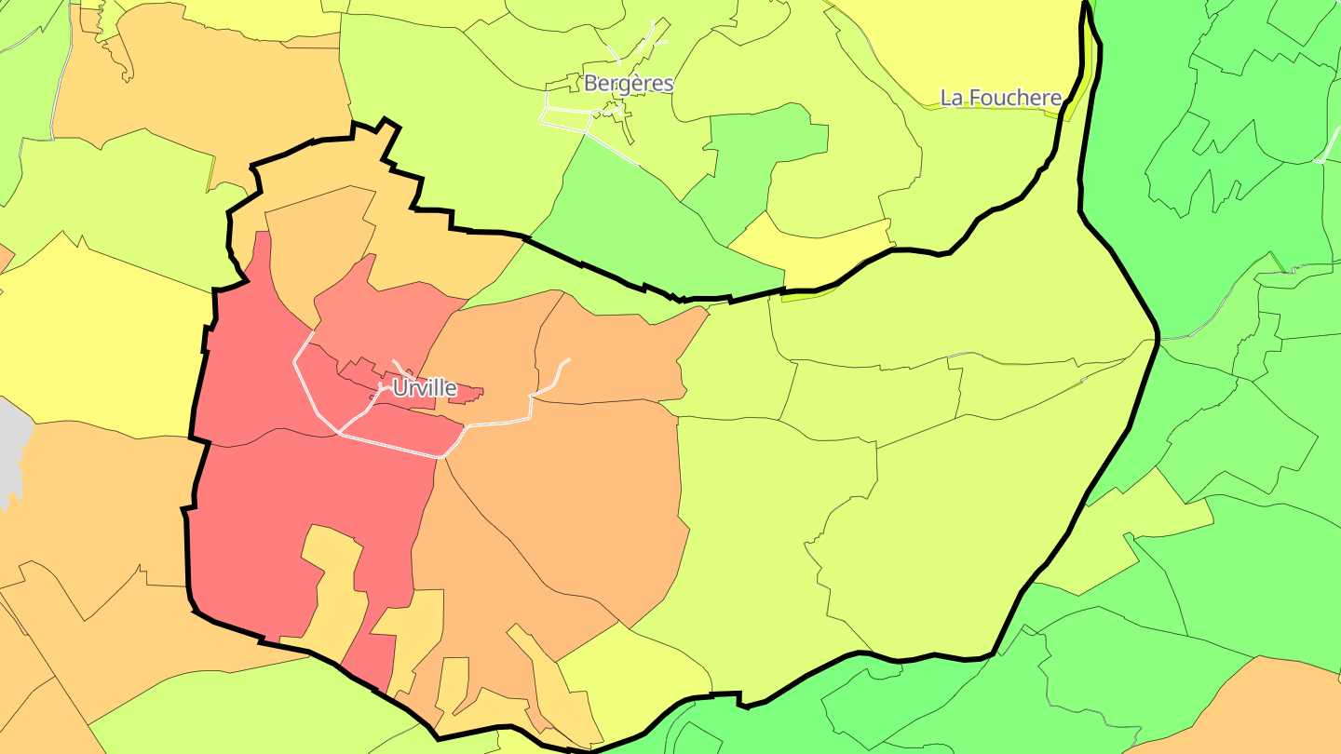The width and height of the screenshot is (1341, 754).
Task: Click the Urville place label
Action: [x=425, y=387]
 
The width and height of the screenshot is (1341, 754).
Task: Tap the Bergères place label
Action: [x=629, y=83]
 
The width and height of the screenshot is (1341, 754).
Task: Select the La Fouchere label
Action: [x=1000, y=98]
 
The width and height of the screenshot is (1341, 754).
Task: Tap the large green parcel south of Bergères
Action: [x=643, y=223]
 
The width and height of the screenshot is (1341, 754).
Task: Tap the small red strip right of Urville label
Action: [x=470, y=394]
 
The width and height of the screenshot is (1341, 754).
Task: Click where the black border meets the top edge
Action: [x=1086, y=4]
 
